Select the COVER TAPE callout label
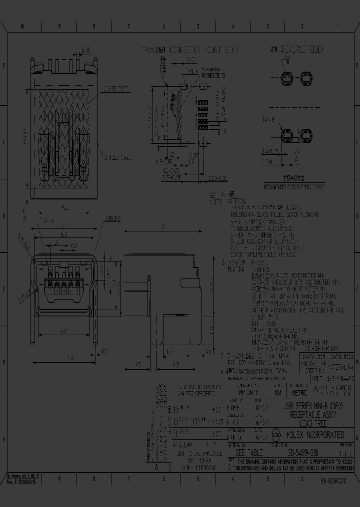115,89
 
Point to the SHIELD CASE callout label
118,157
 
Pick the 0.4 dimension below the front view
104,350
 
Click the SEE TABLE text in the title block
248,452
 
